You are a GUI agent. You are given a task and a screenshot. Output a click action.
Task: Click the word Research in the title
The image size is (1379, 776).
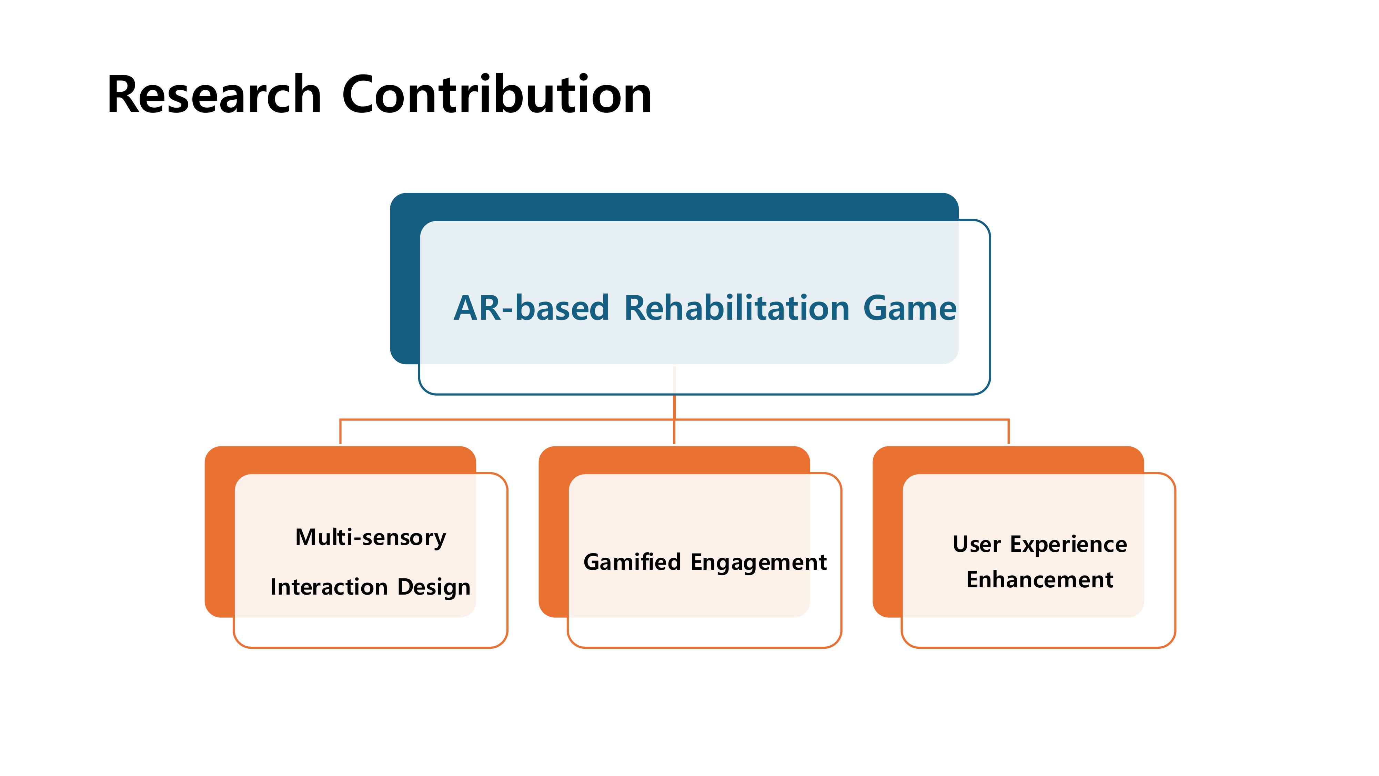tap(214, 95)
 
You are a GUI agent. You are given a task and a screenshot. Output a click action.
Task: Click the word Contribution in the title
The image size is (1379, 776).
tap(497, 95)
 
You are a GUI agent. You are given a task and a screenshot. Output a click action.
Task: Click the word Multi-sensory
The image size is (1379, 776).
tap(371, 537)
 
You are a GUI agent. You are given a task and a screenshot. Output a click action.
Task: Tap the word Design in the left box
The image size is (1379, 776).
tap(434, 587)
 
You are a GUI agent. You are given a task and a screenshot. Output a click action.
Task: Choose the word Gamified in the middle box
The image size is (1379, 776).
tap(632, 562)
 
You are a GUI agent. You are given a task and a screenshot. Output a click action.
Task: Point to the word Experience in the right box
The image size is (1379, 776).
tap(1068, 545)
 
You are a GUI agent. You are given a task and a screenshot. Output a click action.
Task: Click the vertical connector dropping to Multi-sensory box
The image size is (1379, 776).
tap(341, 432)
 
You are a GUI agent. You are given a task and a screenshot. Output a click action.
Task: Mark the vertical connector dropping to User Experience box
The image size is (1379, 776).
tap(1008, 432)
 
